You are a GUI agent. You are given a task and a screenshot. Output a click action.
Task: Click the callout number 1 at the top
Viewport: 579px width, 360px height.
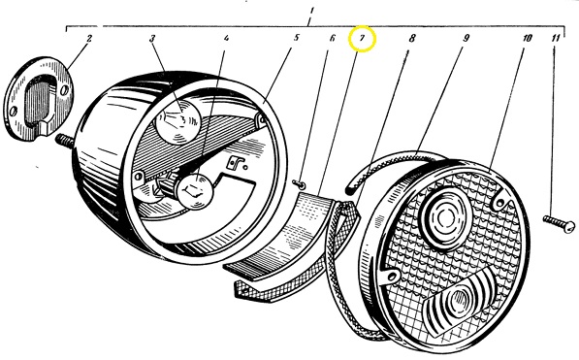click(x=311, y=11)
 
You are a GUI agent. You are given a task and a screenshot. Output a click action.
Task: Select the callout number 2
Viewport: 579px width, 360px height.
click(x=89, y=38)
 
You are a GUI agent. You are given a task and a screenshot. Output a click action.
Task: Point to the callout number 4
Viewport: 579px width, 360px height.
click(x=226, y=38)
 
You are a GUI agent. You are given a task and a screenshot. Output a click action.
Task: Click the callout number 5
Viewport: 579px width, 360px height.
click(x=297, y=38)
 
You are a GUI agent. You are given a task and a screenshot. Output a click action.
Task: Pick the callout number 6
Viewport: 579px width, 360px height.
click(x=332, y=38)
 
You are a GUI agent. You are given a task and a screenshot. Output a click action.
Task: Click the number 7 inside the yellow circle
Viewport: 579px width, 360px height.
click(x=363, y=38)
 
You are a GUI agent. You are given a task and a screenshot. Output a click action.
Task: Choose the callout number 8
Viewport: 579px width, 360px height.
click(x=412, y=38)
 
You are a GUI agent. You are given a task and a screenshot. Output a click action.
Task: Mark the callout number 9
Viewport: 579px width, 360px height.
click(x=466, y=38)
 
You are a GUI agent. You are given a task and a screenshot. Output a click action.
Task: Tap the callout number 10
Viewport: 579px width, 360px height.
click(x=528, y=38)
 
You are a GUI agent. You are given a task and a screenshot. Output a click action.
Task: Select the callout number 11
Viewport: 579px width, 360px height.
click(x=556, y=38)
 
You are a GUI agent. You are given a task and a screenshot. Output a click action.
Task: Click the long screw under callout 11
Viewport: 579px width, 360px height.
click(x=559, y=224)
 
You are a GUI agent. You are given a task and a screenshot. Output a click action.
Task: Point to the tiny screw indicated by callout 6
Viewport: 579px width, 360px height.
click(x=300, y=183)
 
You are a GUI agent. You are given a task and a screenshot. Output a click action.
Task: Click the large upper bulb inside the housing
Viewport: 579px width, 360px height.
click(x=178, y=120)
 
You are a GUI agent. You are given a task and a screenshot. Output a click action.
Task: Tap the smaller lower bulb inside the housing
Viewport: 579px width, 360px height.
click(x=195, y=191)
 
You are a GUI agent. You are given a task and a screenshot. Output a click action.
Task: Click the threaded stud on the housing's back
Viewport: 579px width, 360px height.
click(x=65, y=141)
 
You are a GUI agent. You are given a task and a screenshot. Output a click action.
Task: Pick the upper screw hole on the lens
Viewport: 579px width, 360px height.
click(x=500, y=203)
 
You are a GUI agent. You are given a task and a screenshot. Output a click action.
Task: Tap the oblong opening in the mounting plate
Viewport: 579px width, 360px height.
click(x=39, y=102)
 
